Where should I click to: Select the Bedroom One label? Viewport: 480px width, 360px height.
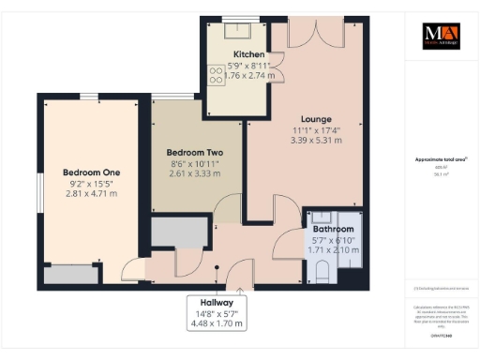point(91,172)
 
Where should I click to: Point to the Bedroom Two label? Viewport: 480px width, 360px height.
point(194,152)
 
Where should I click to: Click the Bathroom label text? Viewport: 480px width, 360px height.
point(333,229)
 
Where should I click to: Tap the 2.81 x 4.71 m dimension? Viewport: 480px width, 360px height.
point(91,194)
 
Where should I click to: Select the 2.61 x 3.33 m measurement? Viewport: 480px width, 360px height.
point(194,173)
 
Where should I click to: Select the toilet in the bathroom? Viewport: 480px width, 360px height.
point(322,272)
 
